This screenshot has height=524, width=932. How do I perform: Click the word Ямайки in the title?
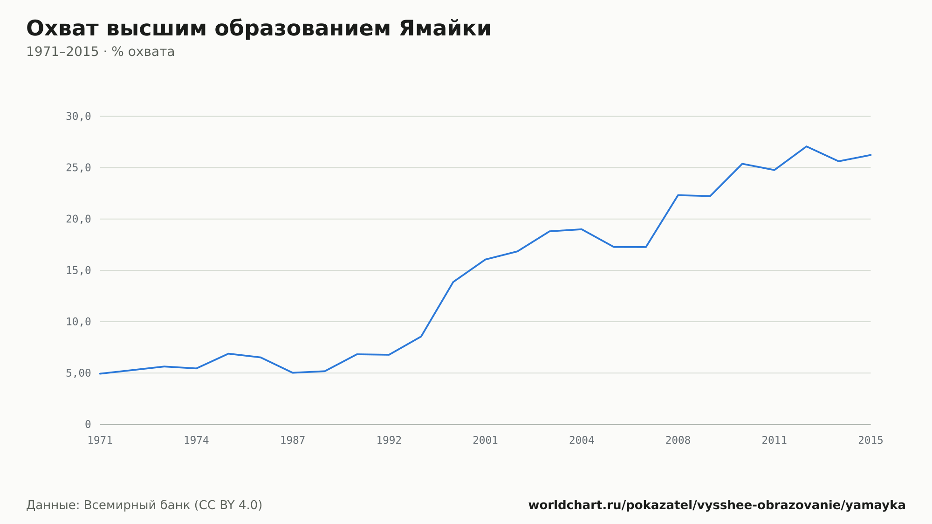[445, 28]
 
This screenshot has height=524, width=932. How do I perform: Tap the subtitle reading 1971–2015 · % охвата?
[100, 52]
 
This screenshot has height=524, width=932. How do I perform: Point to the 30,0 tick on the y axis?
[78, 117]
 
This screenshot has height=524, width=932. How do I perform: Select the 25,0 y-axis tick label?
[78, 168]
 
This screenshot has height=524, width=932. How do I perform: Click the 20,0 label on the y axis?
[78, 219]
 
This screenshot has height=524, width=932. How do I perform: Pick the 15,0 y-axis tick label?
[78, 270]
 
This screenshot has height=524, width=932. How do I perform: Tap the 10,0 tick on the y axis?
[78, 322]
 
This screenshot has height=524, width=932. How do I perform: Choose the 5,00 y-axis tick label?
[78, 373]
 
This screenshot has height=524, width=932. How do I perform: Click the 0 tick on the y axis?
[88, 424]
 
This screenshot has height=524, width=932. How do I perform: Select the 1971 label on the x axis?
[100, 440]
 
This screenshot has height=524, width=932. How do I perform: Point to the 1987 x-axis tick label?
[293, 440]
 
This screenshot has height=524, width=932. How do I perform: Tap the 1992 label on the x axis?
[389, 440]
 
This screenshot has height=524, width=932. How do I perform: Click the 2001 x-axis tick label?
[486, 440]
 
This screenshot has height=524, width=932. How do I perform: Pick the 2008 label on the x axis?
[678, 440]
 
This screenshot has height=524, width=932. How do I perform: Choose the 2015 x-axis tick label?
[870, 440]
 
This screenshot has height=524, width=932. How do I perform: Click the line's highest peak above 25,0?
[806, 146]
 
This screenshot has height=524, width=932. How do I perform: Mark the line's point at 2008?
[678, 195]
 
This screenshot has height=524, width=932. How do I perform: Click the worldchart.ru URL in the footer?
[717, 505]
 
